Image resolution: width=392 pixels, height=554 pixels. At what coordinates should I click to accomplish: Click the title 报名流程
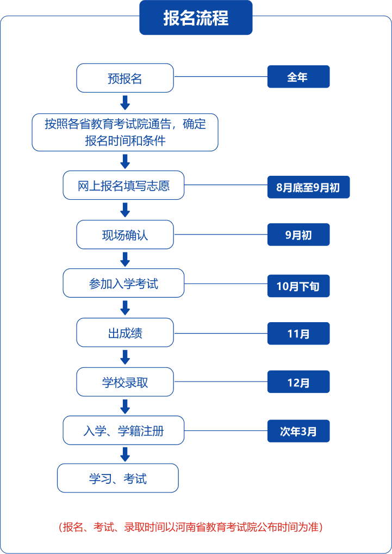196,18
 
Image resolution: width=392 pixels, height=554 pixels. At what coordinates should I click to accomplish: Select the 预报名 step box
125,78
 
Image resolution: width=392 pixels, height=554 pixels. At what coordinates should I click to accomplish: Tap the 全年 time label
298,77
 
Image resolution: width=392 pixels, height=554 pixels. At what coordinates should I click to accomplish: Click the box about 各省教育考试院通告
125,132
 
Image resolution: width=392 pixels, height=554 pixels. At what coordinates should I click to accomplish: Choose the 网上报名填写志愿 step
124,186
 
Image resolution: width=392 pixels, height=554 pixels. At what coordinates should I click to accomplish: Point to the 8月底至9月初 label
308,187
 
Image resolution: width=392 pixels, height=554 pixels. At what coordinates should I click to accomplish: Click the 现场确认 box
125,235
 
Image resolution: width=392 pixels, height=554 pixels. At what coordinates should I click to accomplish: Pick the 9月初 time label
298,235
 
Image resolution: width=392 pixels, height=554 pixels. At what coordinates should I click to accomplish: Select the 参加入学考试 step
124,283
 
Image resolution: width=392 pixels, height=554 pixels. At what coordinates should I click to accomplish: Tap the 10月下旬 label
298,286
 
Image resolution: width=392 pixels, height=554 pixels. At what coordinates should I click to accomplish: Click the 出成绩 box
125,333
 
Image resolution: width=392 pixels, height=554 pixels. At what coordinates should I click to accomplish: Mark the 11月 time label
298,334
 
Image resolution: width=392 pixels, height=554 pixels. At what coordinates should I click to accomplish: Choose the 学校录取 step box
125,382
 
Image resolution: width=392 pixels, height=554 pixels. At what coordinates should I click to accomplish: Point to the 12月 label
298,382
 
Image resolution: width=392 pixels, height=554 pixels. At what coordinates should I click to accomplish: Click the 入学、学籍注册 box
124,430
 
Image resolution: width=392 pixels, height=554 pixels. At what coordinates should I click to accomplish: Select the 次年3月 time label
298,431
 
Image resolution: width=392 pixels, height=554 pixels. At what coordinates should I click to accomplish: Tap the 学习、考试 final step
118,478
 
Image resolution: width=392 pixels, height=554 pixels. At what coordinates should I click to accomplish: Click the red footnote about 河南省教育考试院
190,527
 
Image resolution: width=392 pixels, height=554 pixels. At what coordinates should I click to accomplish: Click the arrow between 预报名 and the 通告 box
125,103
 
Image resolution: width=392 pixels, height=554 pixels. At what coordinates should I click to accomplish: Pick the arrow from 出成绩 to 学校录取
125,357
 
